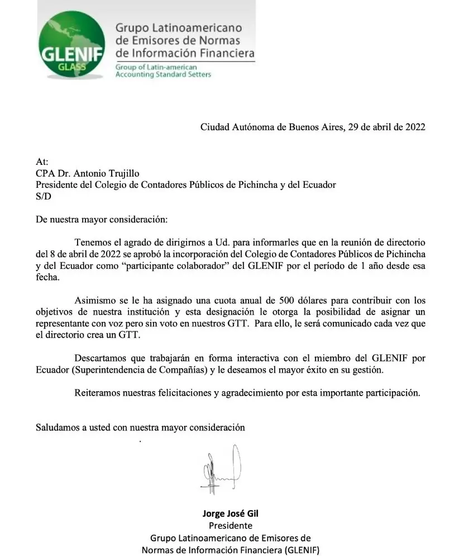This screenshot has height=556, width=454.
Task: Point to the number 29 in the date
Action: (x=353, y=127)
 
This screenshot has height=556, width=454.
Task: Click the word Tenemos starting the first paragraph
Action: (x=93, y=243)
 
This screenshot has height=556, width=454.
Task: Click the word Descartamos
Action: (x=101, y=358)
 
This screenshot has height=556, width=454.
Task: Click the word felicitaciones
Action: (x=180, y=392)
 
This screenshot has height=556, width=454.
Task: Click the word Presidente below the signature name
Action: (x=230, y=526)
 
